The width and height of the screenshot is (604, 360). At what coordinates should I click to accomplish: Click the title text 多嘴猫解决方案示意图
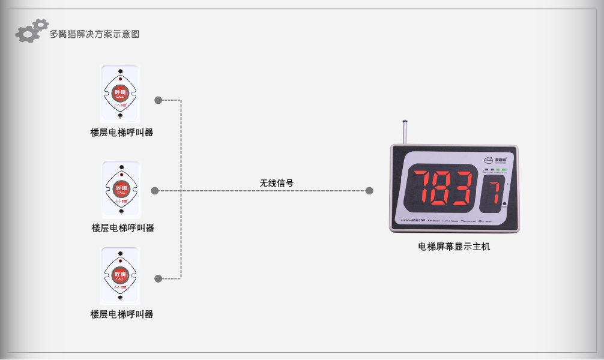pyautogui.click(x=94, y=34)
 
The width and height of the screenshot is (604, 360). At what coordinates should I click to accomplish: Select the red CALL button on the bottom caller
pyautogui.click(x=120, y=276)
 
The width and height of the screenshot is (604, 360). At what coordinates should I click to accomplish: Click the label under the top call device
pyautogui.click(x=122, y=133)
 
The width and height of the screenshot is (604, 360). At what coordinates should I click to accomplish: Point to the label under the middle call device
pyautogui.click(x=122, y=228)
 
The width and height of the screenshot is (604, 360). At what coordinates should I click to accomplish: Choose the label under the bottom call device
pyautogui.click(x=122, y=314)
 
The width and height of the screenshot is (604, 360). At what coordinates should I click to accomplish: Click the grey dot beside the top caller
pyautogui.click(x=159, y=100)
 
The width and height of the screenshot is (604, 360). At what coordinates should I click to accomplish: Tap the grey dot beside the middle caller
pyautogui.click(x=155, y=191)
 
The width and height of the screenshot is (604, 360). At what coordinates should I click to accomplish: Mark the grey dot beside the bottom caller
pyautogui.click(x=159, y=278)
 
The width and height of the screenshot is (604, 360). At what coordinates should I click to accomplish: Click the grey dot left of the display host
pyautogui.click(x=369, y=191)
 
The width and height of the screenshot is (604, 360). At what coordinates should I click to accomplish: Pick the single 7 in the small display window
pyautogui.click(x=494, y=192)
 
